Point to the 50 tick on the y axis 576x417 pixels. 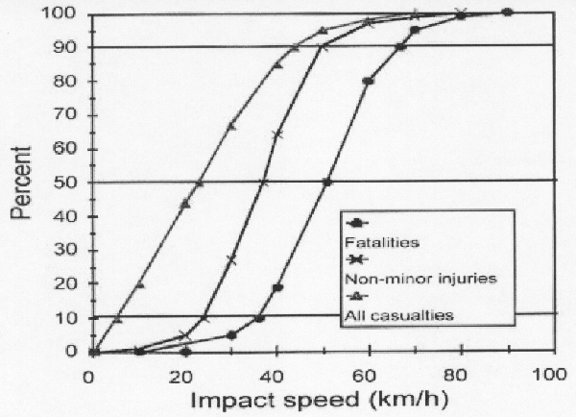coord(72,183)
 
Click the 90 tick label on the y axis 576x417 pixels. coord(72,47)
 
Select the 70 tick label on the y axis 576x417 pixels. coord(72,114)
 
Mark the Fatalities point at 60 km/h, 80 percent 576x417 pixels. coord(368,81)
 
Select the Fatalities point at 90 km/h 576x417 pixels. coord(507,12)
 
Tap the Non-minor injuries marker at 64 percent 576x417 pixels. coord(278,135)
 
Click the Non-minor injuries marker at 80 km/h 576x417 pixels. coord(461,13)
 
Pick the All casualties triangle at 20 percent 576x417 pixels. coord(140,284)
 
